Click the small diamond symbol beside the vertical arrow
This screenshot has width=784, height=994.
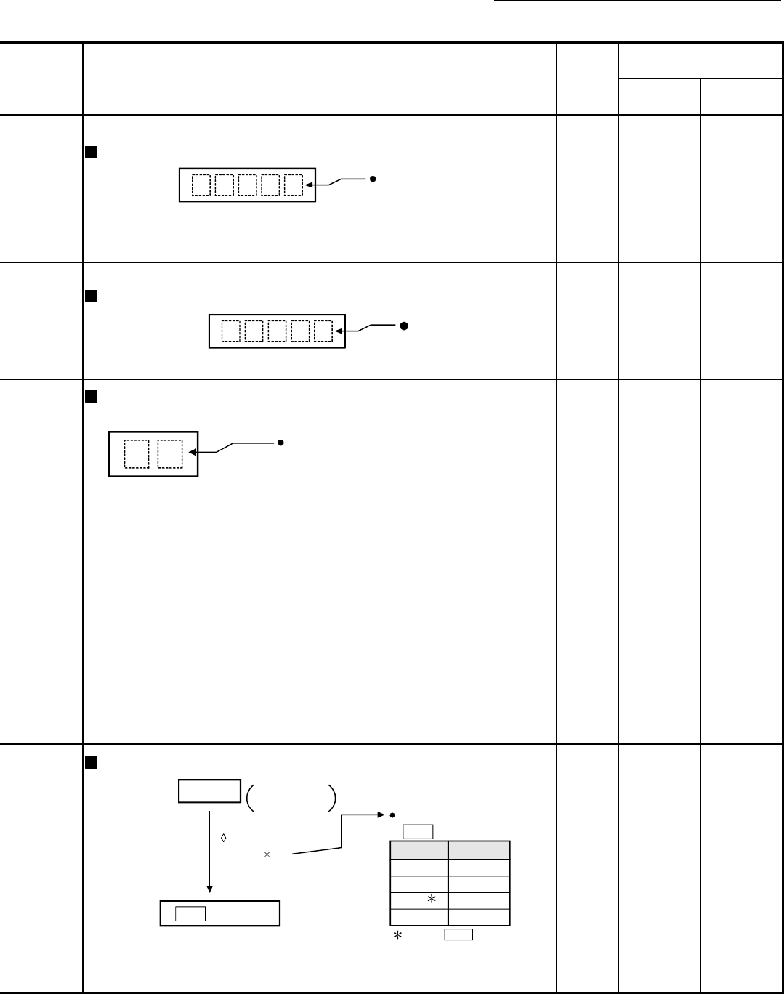(223, 838)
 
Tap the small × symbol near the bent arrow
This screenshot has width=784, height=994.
(267, 855)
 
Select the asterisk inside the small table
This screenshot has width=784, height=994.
(432, 900)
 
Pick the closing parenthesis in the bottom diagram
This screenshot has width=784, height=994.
(331, 796)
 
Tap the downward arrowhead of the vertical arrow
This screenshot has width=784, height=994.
(209, 888)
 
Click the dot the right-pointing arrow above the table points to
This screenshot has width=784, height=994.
(392, 815)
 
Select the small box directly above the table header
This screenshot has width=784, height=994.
(418, 832)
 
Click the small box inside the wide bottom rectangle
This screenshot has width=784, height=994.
(190, 913)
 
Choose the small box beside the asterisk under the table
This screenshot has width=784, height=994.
(458, 934)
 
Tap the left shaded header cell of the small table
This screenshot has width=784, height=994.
(419, 850)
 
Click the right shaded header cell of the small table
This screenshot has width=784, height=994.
(479, 850)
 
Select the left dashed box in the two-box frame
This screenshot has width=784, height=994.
(136, 454)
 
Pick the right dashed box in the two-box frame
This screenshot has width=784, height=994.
(170, 454)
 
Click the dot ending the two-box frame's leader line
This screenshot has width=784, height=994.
(280, 442)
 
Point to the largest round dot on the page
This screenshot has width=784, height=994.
(403, 326)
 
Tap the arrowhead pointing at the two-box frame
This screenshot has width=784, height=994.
(193, 453)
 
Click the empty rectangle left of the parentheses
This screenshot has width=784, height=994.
(209, 791)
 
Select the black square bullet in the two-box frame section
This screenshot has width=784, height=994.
(91, 396)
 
